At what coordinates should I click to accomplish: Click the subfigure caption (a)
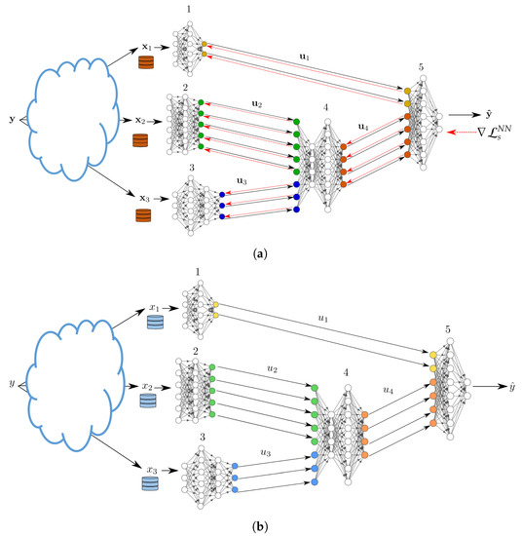(260, 251)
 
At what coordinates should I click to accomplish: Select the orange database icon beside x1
(148, 63)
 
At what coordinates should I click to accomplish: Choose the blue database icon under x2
(147, 400)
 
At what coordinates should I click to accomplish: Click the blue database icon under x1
(152, 323)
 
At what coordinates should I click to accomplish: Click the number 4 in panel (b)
(346, 370)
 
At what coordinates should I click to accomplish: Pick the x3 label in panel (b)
(150, 469)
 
